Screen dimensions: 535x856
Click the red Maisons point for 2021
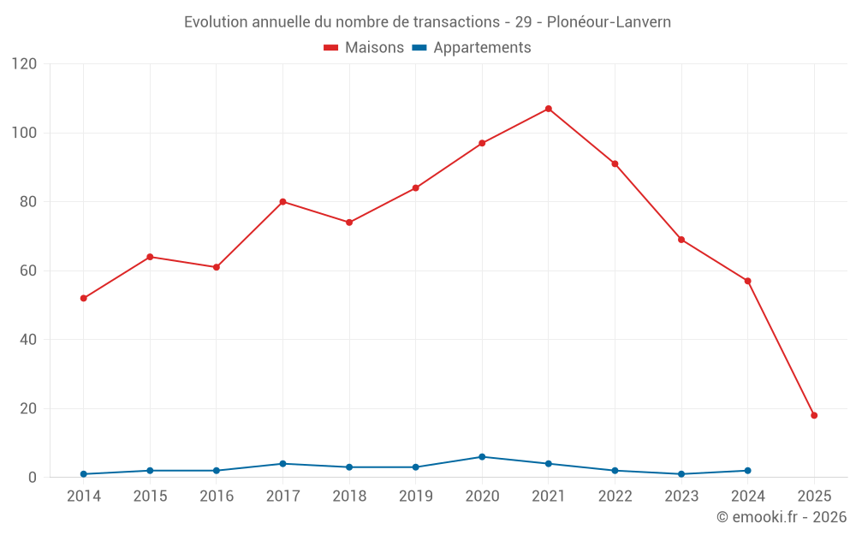point(549,109)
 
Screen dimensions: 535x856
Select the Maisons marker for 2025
point(814,415)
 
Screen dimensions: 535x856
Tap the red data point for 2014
point(83,298)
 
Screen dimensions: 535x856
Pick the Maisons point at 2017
point(282,202)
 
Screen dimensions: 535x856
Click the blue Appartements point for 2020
point(482,456)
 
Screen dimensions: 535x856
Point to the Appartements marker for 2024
point(747,470)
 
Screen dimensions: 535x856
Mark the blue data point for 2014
point(83,473)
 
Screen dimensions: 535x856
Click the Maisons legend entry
point(364,48)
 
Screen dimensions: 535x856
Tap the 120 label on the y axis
point(25,64)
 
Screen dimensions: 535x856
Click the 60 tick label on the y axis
point(28,270)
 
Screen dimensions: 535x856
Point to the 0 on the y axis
point(33,477)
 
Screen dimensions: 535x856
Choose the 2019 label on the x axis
point(415,496)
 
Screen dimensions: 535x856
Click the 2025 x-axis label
point(814,496)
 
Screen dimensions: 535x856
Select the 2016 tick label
point(216,496)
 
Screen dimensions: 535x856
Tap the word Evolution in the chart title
point(217,21)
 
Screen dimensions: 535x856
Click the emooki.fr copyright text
point(781,517)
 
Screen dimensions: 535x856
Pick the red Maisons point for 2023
point(681,240)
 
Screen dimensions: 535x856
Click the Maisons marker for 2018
point(349,223)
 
